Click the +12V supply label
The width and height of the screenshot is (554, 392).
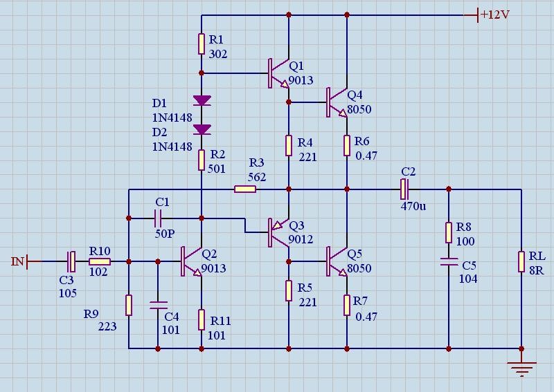click(495, 15)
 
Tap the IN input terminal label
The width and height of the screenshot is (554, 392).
click(18, 261)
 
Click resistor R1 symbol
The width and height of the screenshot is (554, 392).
click(202, 44)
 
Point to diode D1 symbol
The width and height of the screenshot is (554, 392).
click(202, 100)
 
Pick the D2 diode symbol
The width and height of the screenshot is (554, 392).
click(202, 129)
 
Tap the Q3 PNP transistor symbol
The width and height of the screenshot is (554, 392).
click(278, 233)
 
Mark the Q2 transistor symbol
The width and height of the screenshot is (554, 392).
click(191, 262)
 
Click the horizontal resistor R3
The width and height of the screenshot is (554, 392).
click(245, 189)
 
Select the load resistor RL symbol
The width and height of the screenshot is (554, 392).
click(521, 262)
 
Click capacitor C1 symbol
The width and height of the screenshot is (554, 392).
click(158, 218)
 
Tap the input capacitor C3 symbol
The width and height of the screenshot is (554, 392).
click(71, 261)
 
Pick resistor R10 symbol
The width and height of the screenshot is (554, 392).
click(100, 261)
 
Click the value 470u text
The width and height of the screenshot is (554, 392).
click(413, 206)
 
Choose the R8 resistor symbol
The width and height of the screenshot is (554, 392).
click(449, 232)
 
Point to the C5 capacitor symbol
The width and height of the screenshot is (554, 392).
click(449, 263)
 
